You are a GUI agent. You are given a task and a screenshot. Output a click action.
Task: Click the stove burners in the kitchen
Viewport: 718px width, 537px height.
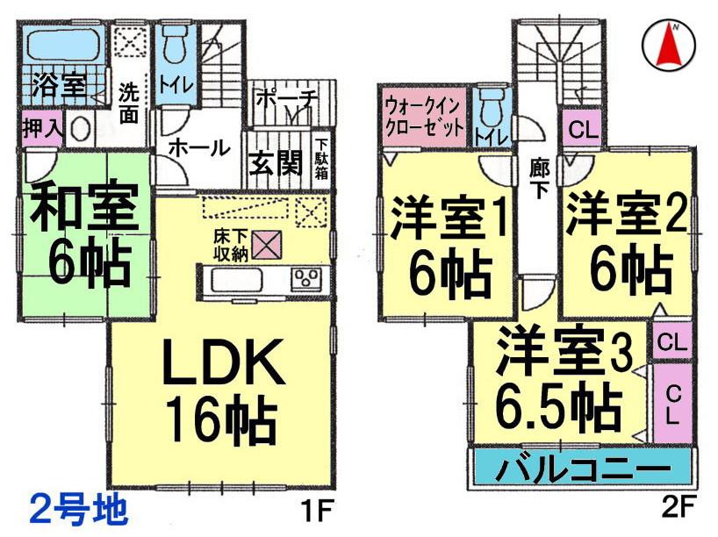[307, 279]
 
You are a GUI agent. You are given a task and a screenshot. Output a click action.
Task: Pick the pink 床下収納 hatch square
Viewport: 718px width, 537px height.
[264, 240]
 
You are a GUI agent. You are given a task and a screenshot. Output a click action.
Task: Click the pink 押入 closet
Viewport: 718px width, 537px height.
[40, 127]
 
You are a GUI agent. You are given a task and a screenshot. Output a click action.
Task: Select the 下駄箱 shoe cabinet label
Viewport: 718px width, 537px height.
[322, 159]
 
